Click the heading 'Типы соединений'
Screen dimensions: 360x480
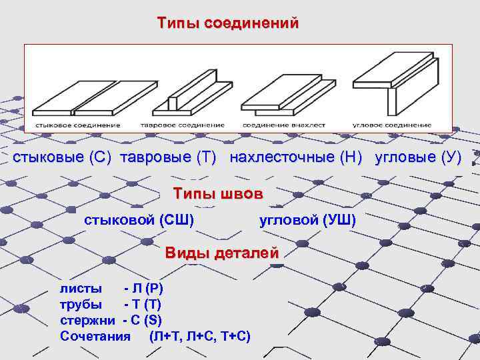tap(228, 23)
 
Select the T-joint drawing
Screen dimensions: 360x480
tap(181, 95)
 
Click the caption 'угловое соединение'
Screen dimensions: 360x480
tap(392, 125)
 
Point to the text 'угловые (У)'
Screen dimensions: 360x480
tap(419, 158)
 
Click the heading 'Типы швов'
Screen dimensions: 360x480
tap(218, 194)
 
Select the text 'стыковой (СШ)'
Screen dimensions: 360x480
tap(139, 220)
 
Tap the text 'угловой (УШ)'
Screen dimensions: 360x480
tap(307, 220)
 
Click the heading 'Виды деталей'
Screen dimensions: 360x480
tap(223, 253)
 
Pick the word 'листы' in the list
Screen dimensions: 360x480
tap(81, 289)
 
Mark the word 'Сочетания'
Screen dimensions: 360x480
tap(95, 336)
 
